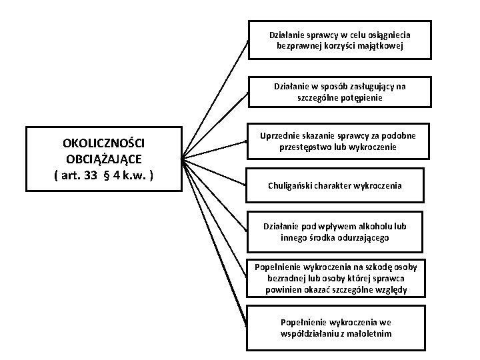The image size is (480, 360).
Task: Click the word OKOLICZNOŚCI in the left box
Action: (x=103, y=143)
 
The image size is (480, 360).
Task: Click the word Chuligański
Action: (x=293, y=186)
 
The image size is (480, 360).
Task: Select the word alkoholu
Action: (x=376, y=226)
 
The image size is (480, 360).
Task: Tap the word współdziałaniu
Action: (x=311, y=334)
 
